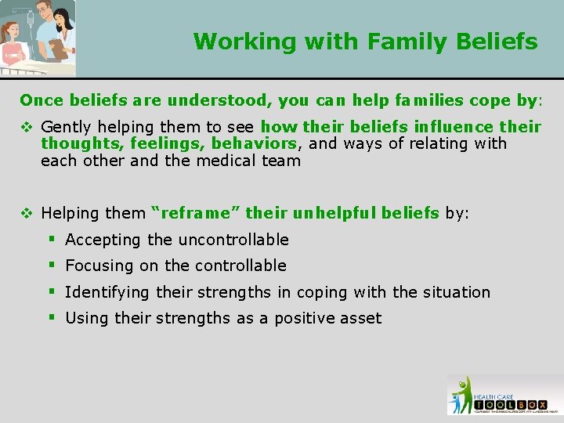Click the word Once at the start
pos(42,100)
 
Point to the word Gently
pos(66,127)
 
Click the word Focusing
pos(99,266)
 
